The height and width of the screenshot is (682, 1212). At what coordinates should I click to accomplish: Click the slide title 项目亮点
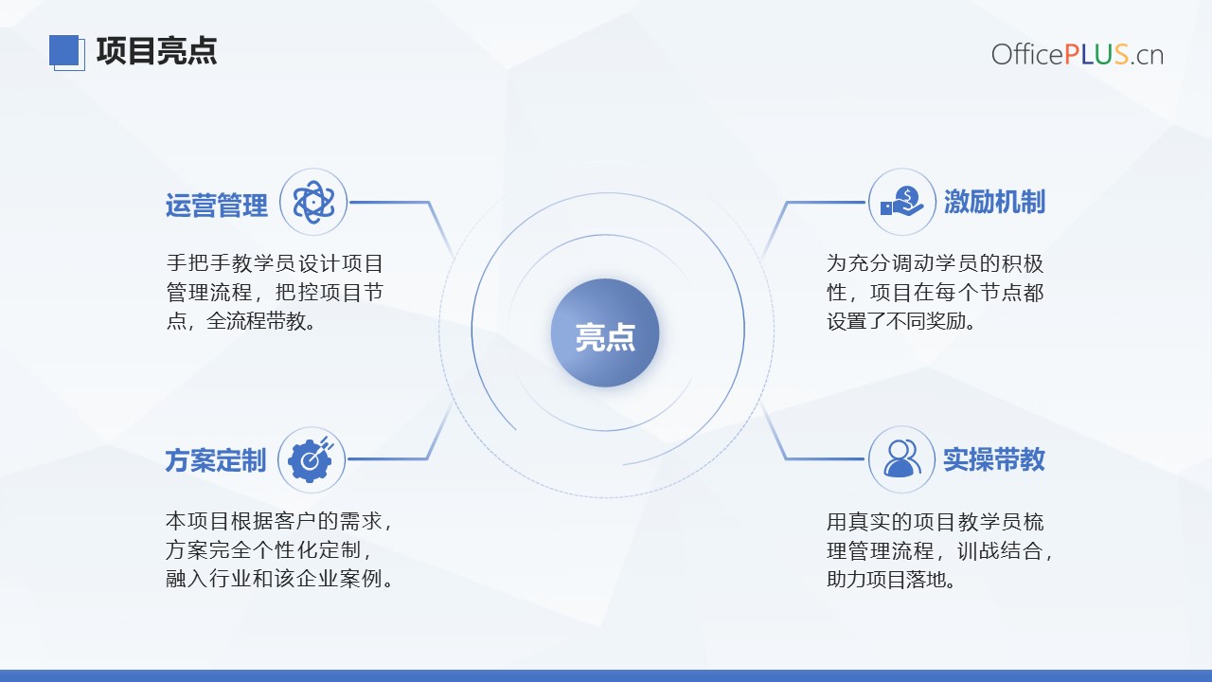156,51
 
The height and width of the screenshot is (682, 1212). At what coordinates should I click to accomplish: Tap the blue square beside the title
64,50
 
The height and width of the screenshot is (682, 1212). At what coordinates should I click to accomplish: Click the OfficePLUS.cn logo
1078,55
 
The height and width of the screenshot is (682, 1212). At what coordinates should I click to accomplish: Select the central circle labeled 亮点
605,332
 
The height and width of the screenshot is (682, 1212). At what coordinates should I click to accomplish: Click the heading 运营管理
217,206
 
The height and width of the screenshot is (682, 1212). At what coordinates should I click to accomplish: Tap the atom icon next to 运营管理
313,202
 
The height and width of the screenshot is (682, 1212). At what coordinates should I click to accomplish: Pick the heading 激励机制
994,202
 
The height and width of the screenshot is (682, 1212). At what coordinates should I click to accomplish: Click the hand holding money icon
902,202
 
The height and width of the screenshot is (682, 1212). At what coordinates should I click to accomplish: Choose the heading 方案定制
215,460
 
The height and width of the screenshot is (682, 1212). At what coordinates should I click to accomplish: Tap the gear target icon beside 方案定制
311,459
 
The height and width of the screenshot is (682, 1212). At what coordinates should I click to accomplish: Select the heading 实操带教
994,459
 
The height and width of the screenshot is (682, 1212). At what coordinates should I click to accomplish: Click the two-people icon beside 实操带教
902,458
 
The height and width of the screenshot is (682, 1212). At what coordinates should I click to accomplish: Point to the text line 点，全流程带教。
241,321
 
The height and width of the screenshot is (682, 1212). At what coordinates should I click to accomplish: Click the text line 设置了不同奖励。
901,321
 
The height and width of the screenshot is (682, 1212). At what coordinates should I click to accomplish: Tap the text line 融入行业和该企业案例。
279,579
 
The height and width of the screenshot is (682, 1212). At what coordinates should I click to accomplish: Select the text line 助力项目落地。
891,580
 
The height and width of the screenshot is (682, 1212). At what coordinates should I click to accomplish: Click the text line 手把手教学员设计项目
275,263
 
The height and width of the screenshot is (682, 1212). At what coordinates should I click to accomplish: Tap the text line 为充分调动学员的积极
935,263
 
